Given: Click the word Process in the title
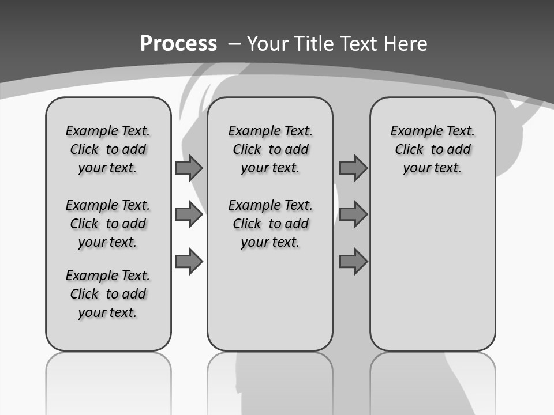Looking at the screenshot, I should [x=178, y=44].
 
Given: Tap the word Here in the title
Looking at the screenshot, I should [x=405, y=44].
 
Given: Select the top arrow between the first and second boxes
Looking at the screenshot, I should [x=189, y=168].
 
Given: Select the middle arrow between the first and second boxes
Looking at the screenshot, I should [x=189, y=215].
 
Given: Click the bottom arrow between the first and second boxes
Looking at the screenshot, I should [x=189, y=262].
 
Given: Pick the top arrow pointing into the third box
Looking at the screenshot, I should [x=353, y=168].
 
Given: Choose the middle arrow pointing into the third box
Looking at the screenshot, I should [x=353, y=214].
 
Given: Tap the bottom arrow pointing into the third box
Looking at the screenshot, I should [x=353, y=262].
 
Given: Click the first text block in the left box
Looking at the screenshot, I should [x=108, y=149].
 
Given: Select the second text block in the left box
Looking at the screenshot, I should [x=108, y=224].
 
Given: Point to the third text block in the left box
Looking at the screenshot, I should [x=108, y=294].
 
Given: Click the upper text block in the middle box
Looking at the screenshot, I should [x=270, y=149].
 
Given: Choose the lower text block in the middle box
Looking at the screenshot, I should [x=270, y=224].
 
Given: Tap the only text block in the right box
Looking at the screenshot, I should [x=432, y=149].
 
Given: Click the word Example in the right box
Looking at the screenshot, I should [x=413, y=131].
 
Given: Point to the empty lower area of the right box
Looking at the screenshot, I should [x=432, y=271].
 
